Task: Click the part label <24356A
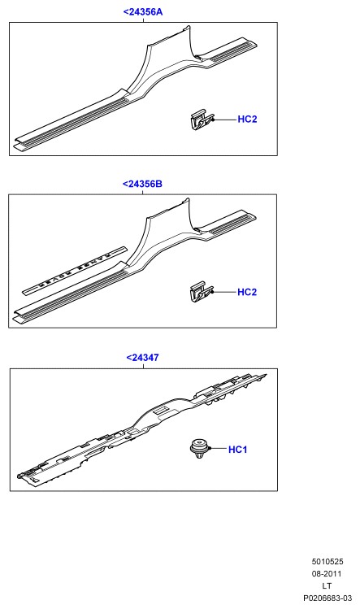click(143, 11)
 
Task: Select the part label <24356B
click(142, 184)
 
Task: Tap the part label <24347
click(142, 357)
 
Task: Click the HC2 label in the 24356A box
click(247, 120)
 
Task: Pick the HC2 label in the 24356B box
click(247, 292)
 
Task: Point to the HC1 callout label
click(237, 450)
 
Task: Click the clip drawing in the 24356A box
click(202, 120)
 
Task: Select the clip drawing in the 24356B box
click(202, 293)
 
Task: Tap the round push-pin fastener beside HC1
click(200, 449)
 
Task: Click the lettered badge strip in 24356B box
click(74, 270)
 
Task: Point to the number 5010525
click(327, 561)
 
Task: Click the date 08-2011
click(327, 573)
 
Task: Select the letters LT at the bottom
click(327, 585)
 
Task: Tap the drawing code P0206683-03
click(327, 598)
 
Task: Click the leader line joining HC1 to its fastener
click(219, 449)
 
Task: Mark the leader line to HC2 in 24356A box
click(224, 120)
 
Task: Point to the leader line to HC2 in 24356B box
click(224, 292)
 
